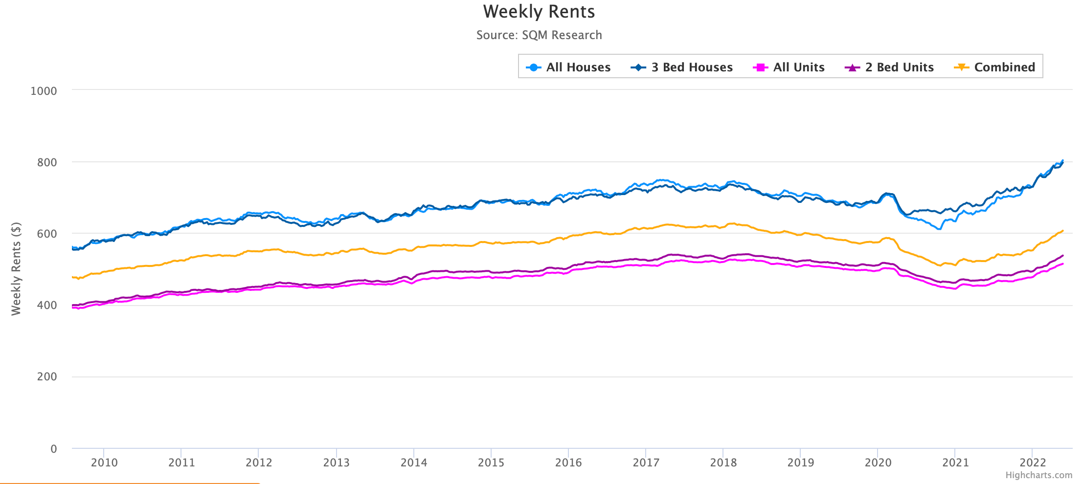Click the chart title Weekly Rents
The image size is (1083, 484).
pyautogui.click(x=539, y=12)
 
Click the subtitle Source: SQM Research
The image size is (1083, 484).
pyautogui.click(x=539, y=35)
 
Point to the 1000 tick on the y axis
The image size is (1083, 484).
pyautogui.click(x=44, y=91)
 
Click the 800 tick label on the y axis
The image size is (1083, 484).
pyautogui.click(x=47, y=162)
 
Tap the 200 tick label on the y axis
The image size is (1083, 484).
pyautogui.click(x=47, y=377)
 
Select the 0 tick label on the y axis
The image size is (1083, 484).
pyautogui.click(x=53, y=449)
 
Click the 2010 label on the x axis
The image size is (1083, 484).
pyautogui.click(x=104, y=462)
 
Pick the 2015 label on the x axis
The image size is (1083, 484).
pyautogui.click(x=491, y=462)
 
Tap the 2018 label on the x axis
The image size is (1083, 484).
pyautogui.click(x=723, y=462)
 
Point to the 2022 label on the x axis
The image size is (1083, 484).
pyautogui.click(x=1032, y=462)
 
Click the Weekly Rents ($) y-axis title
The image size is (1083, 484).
pyautogui.click(x=16, y=269)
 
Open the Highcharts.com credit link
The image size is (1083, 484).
pyautogui.click(x=1038, y=475)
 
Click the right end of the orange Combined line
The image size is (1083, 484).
pyautogui.click(x=1062, y=231)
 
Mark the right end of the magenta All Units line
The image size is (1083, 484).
pyautogui.click(x=1062, y=264)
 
